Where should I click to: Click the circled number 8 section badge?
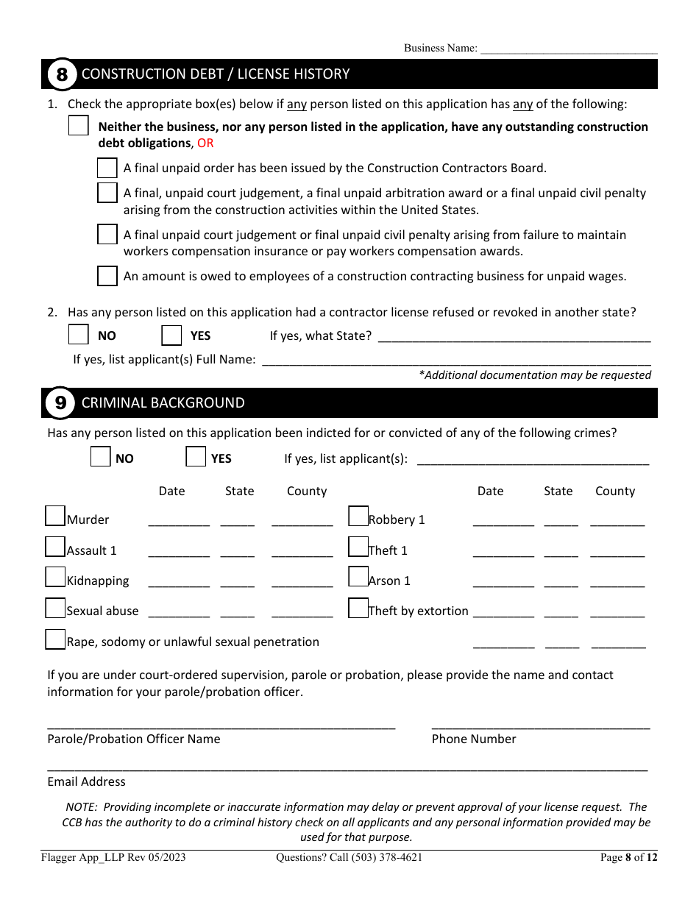(62, 74)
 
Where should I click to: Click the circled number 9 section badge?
(60, 403)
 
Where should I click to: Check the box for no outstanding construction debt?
(79, 126)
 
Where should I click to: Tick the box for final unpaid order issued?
(107, 168)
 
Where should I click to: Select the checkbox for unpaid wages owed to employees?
(107, 276)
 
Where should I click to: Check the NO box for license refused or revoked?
(79, 335)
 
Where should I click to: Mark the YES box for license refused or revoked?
(171, 335)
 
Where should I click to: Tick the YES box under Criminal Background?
(196, 457)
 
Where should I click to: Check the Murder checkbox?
(55, 516)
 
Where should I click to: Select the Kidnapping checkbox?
(55, 577)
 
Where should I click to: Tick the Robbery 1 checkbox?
(358, 516)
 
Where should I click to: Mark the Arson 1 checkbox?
(358, 577)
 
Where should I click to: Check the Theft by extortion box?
(358, 608)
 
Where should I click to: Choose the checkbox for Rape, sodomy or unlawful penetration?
(55, 639)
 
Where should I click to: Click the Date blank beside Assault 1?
(179, 552)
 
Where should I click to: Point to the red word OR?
(205, 143)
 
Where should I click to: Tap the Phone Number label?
(474, 739)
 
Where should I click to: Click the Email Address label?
(86, 781)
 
